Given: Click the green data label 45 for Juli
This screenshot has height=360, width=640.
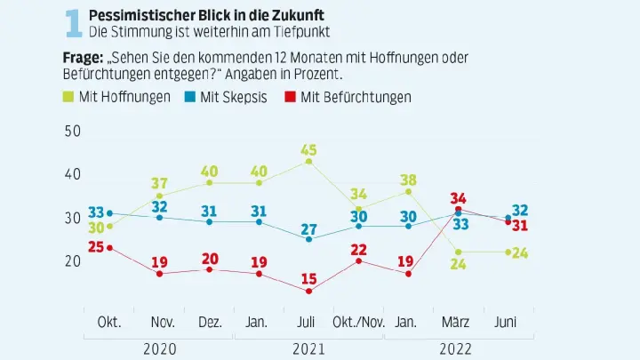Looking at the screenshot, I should [x=308, y=148].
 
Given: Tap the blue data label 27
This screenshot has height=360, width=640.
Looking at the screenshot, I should [x=308, y=227].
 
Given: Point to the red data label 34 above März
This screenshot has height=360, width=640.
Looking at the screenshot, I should [x=459, y=197].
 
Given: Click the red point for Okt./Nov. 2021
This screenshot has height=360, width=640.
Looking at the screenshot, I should [x=358, y=260].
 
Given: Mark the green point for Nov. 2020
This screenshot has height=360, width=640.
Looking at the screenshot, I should [x=159, y=196].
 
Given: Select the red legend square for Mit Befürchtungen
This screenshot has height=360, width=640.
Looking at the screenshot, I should [x=291, y=96].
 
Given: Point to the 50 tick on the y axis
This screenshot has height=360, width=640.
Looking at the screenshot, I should [x=72, y=131].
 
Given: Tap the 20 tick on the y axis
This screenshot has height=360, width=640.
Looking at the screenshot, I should [x=72, y=260].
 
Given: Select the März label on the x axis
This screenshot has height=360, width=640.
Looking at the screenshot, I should [x=458, y=320].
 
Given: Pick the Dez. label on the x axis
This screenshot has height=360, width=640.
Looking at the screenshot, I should [x=209, y=320].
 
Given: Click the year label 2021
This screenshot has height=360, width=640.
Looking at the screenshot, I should [x=308, y=348].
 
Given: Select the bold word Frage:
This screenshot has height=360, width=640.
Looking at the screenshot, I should [x=83, y=56].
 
